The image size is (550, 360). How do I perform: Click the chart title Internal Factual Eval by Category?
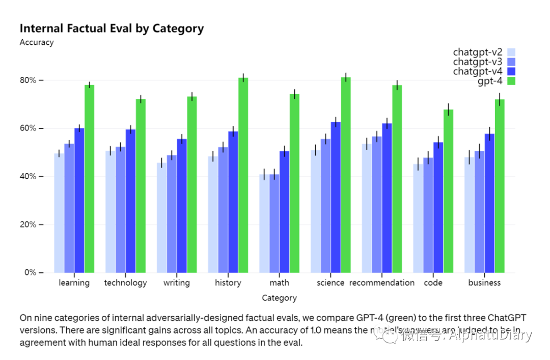point(112,29)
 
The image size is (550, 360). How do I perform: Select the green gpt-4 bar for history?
point(243,175)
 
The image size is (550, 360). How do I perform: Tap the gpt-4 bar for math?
point(294,183)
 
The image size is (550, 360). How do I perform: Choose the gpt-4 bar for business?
point(500,186)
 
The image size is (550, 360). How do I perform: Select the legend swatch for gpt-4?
point(511,81)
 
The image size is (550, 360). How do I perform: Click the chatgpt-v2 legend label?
point(477,52)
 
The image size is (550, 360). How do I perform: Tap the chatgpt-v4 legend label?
point(477,71)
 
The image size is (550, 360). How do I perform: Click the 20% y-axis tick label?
point(29,225)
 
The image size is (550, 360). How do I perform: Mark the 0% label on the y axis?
point(31,272)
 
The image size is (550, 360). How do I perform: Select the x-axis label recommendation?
point(382,283)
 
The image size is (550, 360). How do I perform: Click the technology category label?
point(125,283)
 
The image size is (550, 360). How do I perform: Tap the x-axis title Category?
point(279,298)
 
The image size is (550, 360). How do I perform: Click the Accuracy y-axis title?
point(37,43)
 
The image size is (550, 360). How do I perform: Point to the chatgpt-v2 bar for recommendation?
point(367,208)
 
